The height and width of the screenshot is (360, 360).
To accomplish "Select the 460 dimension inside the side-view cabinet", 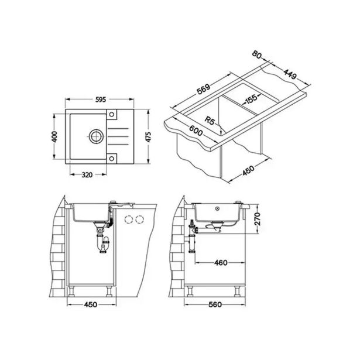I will pyautogui.click(x=221, y=263).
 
